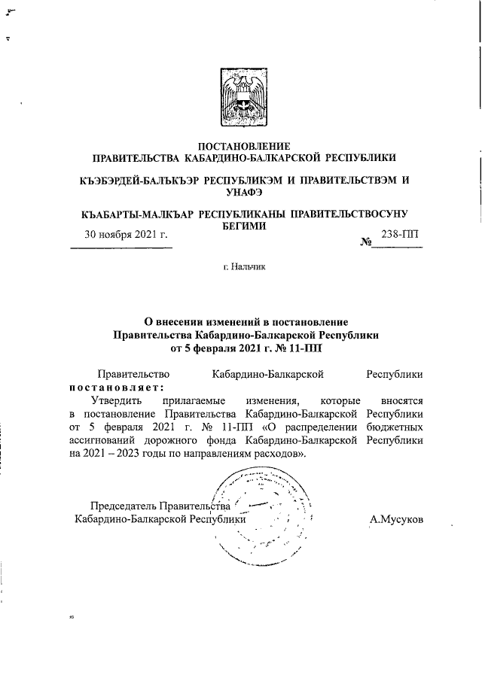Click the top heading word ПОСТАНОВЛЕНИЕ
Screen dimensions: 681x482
(x=243, y=145)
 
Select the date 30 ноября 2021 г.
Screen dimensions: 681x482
(x=124, y=236)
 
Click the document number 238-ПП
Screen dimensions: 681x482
(x=402, y=236)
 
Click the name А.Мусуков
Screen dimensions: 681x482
(x=396, y=518)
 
